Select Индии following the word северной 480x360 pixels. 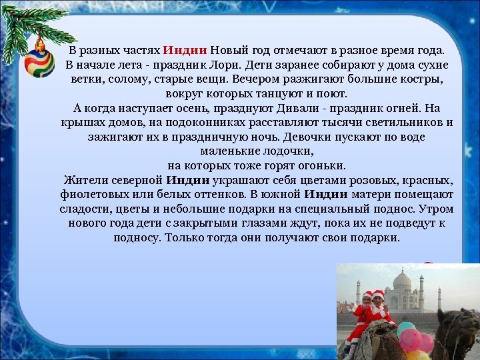pyautogui.click(x=188, y=180)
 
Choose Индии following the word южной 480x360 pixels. pyautogui.click(x=325, y=195)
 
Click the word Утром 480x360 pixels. pyautogui.click(x=434, y=209)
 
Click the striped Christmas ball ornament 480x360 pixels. pyautogui.click(x=39, y=61)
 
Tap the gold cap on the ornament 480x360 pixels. pyautogui.click(x=40, y=45)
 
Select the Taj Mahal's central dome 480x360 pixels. pyautogui.click(x=402, y=280)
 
